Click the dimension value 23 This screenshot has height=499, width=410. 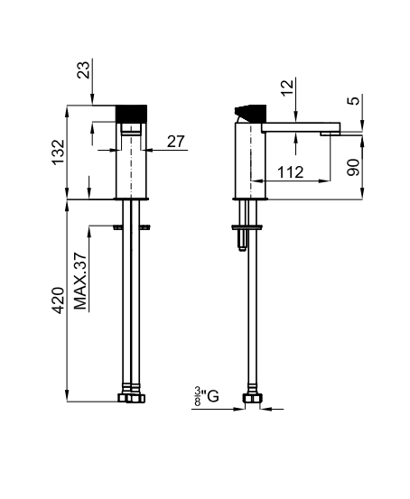tap(84, 69)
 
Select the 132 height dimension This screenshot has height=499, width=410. tap(59, 152)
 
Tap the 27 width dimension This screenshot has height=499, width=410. tap(176, 142)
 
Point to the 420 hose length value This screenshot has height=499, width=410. tap(59, 300)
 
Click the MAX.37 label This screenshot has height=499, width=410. tap(80, 281)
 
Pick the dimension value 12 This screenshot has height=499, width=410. tap(287, 88)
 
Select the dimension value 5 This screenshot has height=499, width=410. tap(354, 100)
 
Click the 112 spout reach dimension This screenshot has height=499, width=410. tap(291, 172)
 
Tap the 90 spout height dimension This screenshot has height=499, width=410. tap(353, 167)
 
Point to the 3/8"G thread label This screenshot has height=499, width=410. tap(207, 396)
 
